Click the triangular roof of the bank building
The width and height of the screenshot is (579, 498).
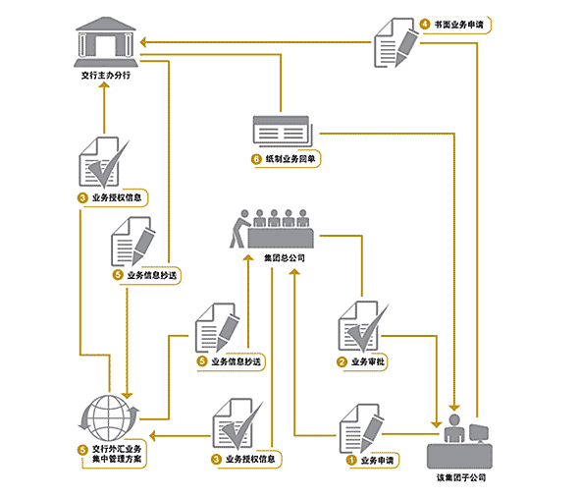106,24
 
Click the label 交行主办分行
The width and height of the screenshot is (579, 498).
106,76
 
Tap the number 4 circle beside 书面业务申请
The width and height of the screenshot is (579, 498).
425,25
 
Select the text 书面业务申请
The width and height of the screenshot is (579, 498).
458,25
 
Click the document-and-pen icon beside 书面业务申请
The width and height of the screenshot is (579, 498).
395,43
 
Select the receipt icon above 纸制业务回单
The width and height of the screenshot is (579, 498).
283,132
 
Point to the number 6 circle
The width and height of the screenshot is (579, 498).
256,159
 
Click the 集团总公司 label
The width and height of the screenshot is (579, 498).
285,258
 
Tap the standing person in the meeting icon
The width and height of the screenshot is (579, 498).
239,229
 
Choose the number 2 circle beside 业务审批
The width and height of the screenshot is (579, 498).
342,361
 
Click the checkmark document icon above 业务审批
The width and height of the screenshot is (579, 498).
363,327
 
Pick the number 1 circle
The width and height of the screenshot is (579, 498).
350,461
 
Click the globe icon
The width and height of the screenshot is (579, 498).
109,418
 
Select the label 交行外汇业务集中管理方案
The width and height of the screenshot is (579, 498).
117,454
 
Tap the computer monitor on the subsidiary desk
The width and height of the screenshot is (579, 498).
479,433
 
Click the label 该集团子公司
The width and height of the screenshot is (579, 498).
461,477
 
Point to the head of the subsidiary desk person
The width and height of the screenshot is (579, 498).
453,420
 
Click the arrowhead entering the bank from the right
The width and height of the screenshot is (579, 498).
144,42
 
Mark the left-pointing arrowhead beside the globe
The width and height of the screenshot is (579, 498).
153,436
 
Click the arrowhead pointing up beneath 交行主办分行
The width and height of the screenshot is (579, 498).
104,85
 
